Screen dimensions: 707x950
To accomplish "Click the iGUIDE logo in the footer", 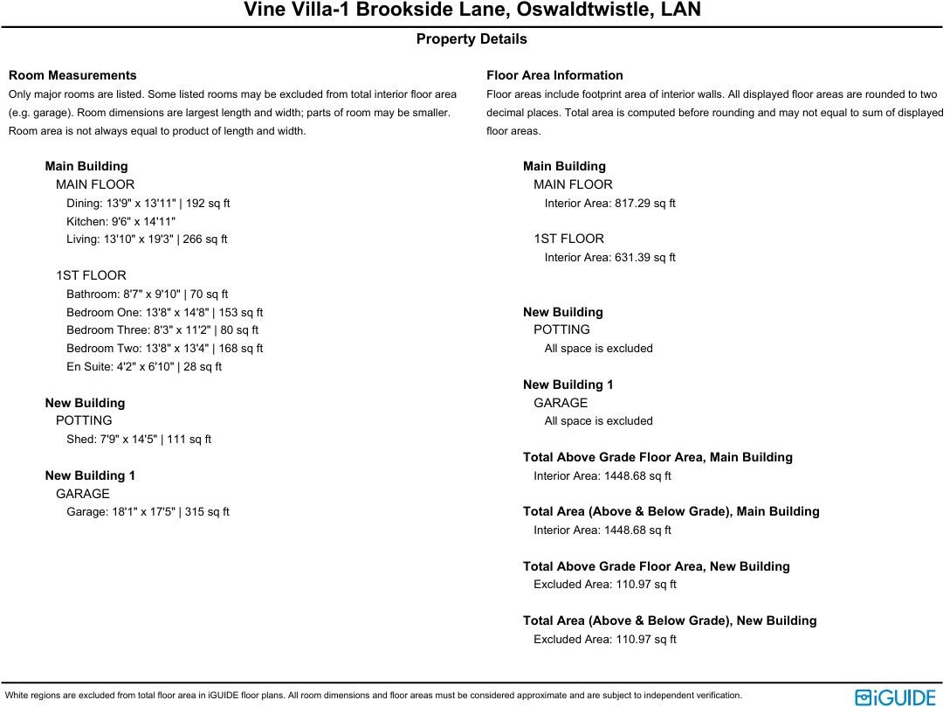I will pyautogui.click(x=895, y=697).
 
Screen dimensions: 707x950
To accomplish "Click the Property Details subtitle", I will pyautogui.click(x=472, y=39).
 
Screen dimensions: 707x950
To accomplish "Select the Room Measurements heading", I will pyautogui.click(x=72, y=75).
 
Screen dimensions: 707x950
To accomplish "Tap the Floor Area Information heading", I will pyautogui.click(x=554, y=75).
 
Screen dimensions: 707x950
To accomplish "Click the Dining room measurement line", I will pyautogui.click(x=148, y=203).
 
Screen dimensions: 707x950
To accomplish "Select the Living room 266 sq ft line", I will pyautogui.click(x=147, y=239).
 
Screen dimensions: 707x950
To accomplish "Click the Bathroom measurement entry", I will pyautogui.click(x=147, y=294).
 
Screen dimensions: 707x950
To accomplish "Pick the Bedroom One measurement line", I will pyautogui.click(x=164, y=312).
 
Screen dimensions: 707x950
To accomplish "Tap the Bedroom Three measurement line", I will pyautogui.click(x=162, y=329).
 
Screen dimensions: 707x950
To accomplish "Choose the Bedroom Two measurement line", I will pyautogui.click(x=164, y=348).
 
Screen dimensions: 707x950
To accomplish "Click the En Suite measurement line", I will pyautogui.click(x=144, y=366).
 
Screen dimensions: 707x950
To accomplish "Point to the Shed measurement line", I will pyautogui.click(x=139, y=439).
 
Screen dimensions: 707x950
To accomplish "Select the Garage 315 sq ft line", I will pyautogui.click(x=148, y=511).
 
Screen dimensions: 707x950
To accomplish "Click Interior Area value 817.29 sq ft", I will pyautogui.click(x=609, y=203).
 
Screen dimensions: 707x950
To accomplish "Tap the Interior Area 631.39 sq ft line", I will pyautogui.click(x=609, y=257).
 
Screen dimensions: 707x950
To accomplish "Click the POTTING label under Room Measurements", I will pyautogui.click(x=84, y=420).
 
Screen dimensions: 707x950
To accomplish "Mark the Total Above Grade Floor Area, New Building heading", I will pyautogui.click(x=656, y=566).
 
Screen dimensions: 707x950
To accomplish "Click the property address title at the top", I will pyautogui.click(x=472, y=10).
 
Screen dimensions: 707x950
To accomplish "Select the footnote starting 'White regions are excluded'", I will pyautogui.click(x=374, y=696).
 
